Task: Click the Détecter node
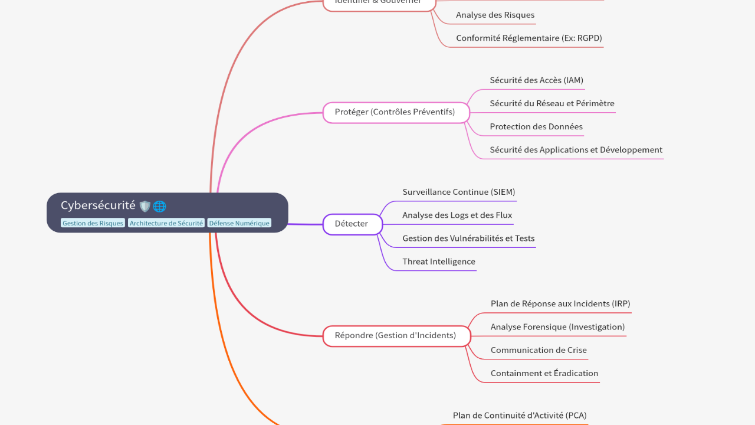(352, 224)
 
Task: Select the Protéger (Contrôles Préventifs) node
(395, 112)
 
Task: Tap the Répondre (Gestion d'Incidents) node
(396, 336)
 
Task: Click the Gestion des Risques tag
(93, 223)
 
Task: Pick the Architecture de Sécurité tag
(166, 223)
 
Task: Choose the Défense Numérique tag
(239, 223)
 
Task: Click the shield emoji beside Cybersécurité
(145, 207)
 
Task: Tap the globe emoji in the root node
(159, 207)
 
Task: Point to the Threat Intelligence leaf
(438, 261)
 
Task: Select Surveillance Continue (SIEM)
(458, 192)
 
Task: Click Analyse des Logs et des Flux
(457, 215)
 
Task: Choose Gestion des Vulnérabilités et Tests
(468, 238)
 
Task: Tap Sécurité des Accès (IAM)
(536, 80)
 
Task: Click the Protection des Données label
(536, 127)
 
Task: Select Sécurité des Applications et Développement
(576, 150)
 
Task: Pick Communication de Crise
(539, 350)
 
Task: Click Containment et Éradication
(544, 373)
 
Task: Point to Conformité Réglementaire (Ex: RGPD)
(528, 38)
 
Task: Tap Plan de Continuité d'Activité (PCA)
(520, 416)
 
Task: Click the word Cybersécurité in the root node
(98, 205)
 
